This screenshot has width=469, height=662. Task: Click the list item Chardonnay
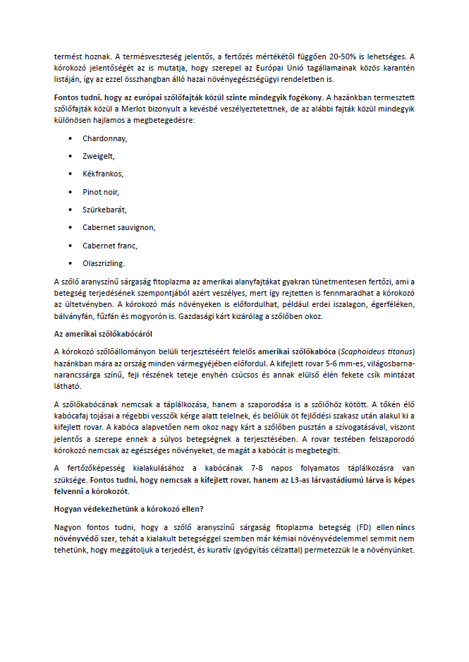(104, 139)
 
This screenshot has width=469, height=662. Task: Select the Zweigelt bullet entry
(98, 156)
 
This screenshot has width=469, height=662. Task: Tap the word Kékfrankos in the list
(103, 174)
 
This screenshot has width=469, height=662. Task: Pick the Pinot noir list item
(101, 191)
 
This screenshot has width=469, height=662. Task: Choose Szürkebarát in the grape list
(104, 210)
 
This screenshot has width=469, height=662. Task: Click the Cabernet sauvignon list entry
(118, 227)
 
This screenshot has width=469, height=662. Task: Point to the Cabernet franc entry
(109, 246)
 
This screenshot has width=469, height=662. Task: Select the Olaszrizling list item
(104, 263)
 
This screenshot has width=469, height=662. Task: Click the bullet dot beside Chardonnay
(71, 139)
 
